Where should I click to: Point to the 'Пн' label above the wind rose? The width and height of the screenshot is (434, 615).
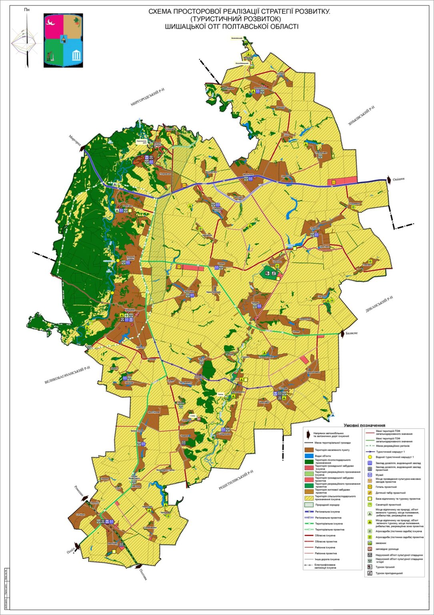pyautogui.click(x=27, y=9)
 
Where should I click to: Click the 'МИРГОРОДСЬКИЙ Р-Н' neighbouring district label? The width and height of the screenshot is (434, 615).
pyautogui.click(x=148, y=98)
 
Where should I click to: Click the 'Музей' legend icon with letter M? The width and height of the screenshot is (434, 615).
pyautogui.click(x=370, y=475)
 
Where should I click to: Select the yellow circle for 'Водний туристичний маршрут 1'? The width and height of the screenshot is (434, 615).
pyautogui.click(x=370, y=457)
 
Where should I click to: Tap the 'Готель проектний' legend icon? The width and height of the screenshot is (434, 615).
pyautogui.click(x=370, y=487)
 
